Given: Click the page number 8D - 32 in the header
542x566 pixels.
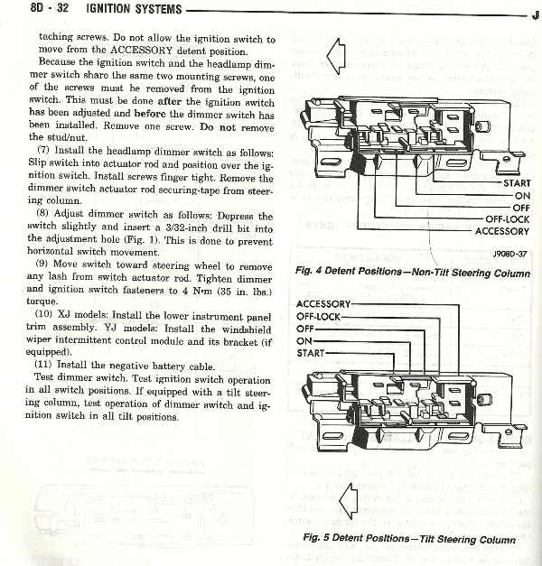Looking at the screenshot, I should (x=26, y=10).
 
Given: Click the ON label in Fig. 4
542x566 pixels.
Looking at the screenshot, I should (x=521, y=195).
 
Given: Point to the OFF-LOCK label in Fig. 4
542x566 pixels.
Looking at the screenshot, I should (x=507, y=219).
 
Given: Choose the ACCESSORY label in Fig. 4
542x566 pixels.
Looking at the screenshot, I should (x=501, y=231).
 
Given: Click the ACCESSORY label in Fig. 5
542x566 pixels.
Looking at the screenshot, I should (x=327, y=304).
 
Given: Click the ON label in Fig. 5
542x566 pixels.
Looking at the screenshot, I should (x=304, y=341).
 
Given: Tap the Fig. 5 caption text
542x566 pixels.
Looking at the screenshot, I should (x=409, y=540).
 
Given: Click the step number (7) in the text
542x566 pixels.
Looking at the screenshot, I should (x=43, y=147).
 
